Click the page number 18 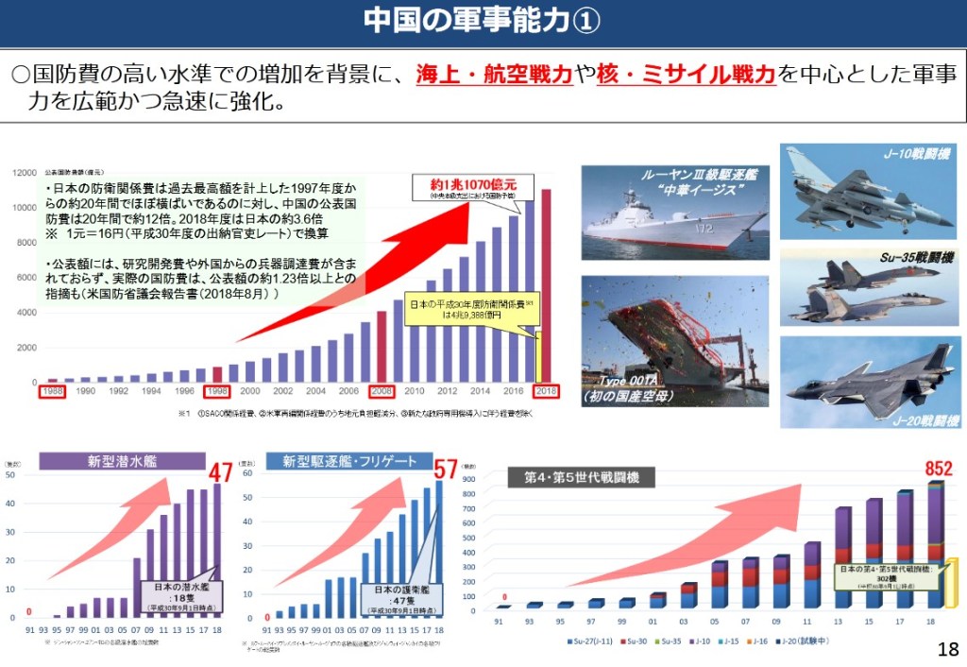[948, 649]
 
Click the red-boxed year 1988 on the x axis [52, 390]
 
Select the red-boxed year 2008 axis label [382, 390]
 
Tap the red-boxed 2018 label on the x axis [546, 390]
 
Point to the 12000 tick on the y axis [25, 173]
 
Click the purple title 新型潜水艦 [123, 461]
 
